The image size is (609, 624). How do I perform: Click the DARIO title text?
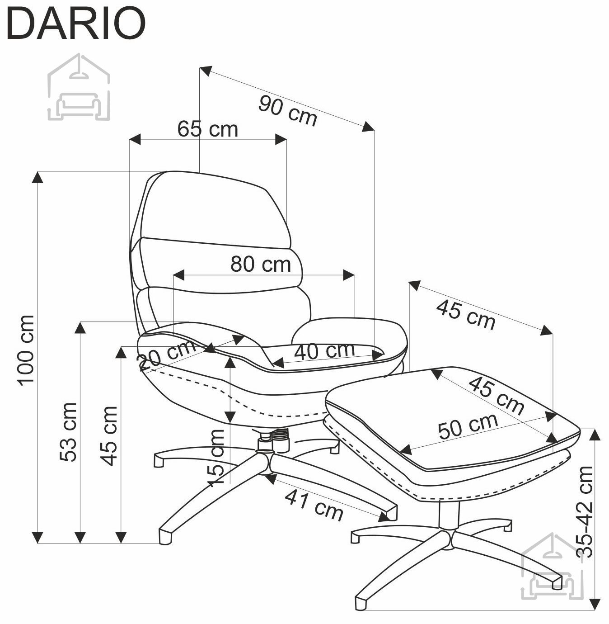tap(76, 24)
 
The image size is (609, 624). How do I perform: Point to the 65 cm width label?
tap(207, 129)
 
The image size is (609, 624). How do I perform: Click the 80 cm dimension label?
tap(260, 264)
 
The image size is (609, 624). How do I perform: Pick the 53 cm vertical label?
tap(69, 432)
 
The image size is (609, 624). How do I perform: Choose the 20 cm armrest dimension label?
tap(167, 355)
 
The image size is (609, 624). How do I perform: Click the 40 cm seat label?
tap(324, 351)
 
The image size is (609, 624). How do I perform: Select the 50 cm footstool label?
tap(468, 426)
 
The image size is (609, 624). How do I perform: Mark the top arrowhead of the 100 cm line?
tap(37, 177)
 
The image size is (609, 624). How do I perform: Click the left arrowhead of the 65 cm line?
tap(135, 139)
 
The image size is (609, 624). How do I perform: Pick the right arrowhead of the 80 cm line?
tap(349, 275)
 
